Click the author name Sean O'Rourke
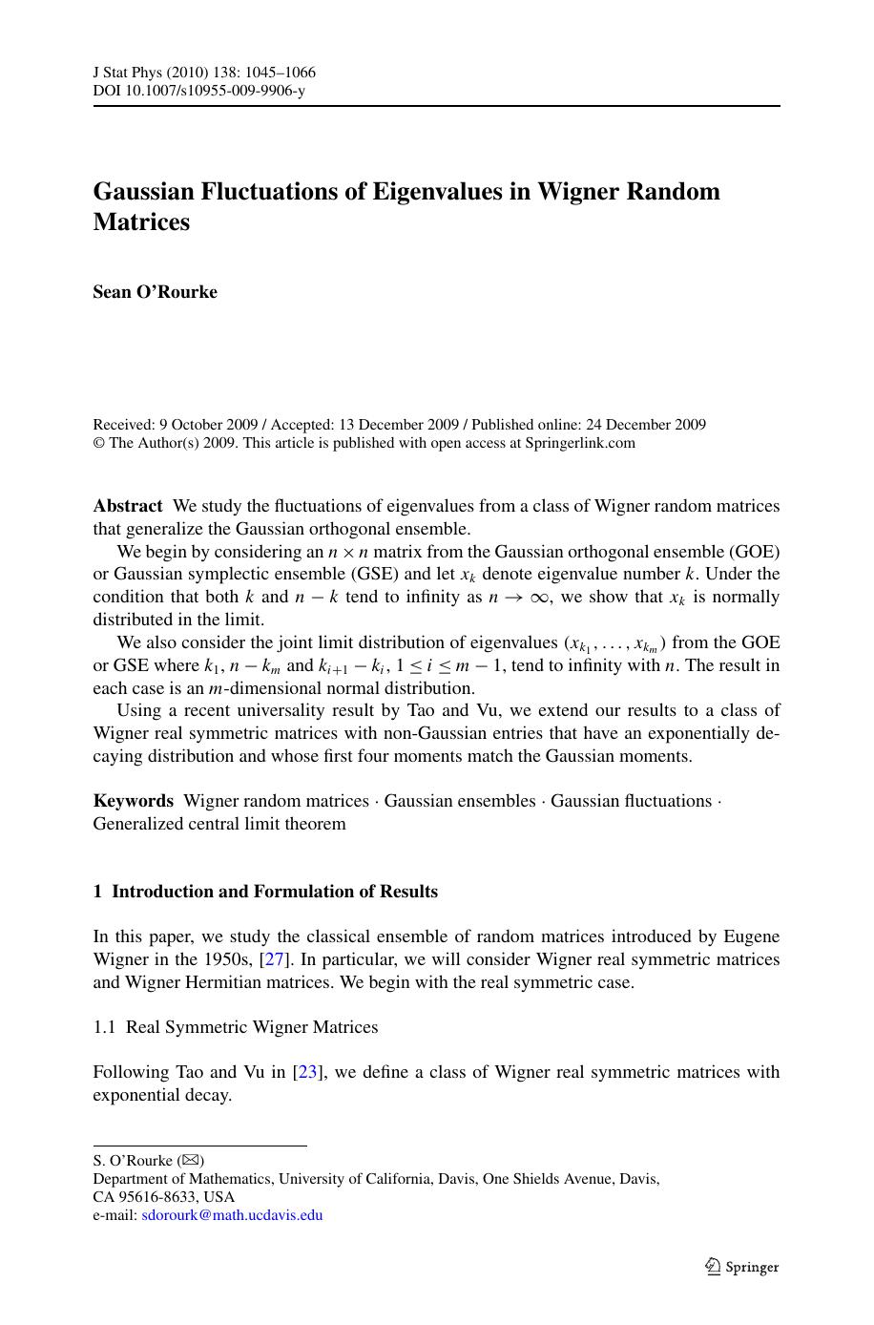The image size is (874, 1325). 155,292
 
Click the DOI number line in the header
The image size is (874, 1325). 198,91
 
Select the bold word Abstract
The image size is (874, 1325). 128,506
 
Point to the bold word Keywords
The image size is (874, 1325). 133,801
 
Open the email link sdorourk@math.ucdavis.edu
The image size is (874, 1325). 232,1215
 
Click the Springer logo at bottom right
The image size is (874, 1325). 742,1267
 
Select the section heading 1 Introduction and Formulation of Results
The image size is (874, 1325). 265,892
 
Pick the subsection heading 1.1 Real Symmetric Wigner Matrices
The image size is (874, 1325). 235,1027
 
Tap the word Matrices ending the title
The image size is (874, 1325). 141,221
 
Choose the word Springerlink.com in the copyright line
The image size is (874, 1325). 580,443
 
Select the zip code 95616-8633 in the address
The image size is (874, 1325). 156,1197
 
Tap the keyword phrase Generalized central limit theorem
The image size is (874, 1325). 219,824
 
